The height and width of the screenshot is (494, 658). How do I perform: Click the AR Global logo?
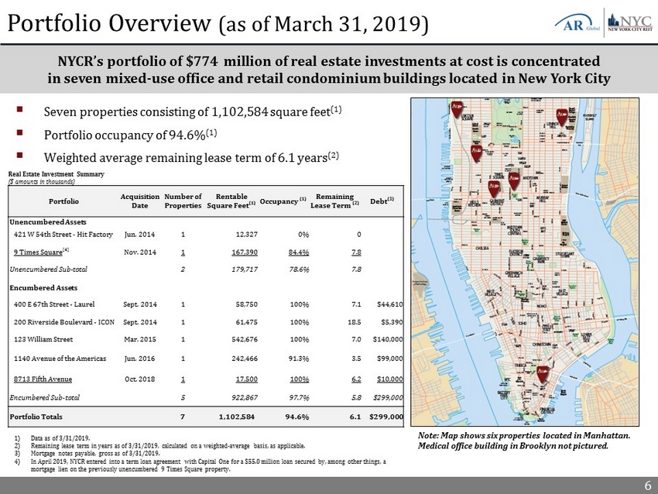click(x=574, y=22)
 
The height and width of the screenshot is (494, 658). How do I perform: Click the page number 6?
click(x=646, y=485)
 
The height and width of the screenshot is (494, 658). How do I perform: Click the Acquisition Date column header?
click(x=140, y=201)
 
